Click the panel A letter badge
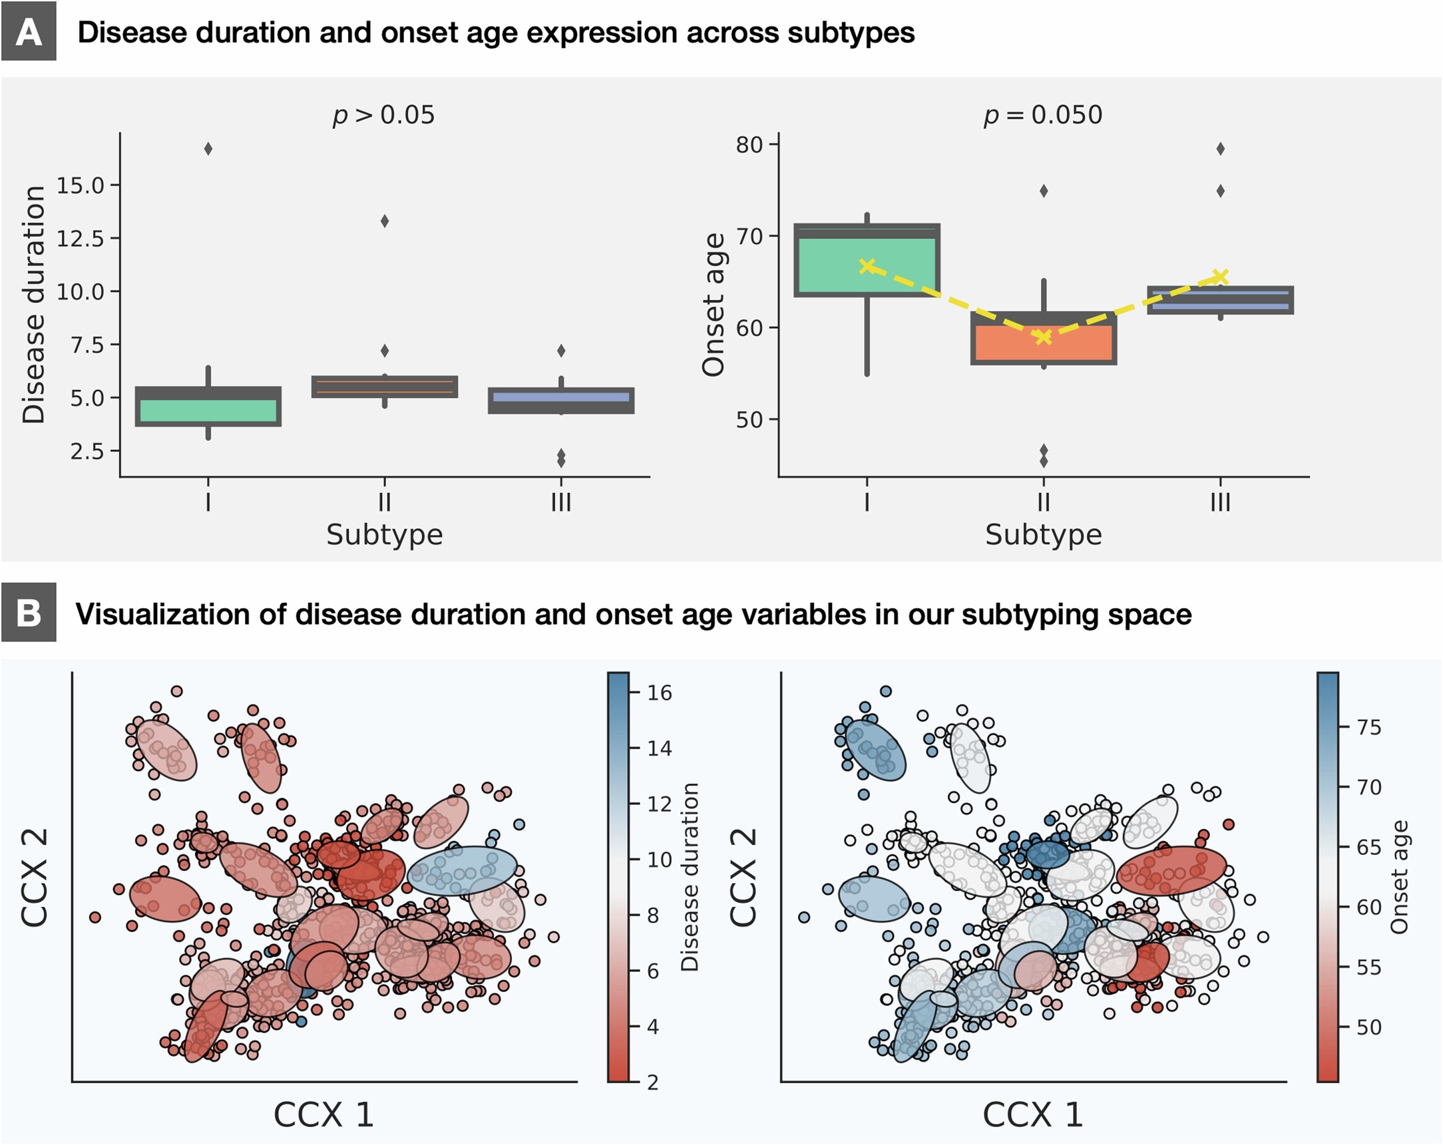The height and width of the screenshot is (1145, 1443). (28, 31)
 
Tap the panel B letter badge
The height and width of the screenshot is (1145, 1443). (28, 612)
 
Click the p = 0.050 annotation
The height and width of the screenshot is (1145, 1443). (1042, 115)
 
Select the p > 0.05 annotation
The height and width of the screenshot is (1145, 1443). (383, 115)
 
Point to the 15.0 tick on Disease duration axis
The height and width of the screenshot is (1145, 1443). (81, 186)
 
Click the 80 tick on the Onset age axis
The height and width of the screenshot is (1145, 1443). (749, 144)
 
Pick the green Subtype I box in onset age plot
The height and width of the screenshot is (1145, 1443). (867, 260)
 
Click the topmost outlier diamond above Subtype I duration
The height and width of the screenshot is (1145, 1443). (208, 148)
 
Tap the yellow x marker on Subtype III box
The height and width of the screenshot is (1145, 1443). (1220, 276)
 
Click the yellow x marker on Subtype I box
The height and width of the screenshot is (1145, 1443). (867, 266)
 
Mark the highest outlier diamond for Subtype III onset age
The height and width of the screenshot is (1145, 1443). (1220, 148)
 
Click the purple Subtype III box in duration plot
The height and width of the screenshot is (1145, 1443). (561, 400)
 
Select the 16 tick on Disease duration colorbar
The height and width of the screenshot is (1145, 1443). (658, 693)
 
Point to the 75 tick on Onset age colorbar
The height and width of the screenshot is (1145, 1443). (1368, 727)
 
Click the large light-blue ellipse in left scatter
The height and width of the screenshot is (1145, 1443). (462, 870)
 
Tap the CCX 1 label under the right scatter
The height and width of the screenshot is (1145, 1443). (1032, 1114)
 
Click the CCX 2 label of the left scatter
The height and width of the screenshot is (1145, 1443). (35, 877)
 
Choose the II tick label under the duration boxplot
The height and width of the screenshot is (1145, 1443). (384, 501)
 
